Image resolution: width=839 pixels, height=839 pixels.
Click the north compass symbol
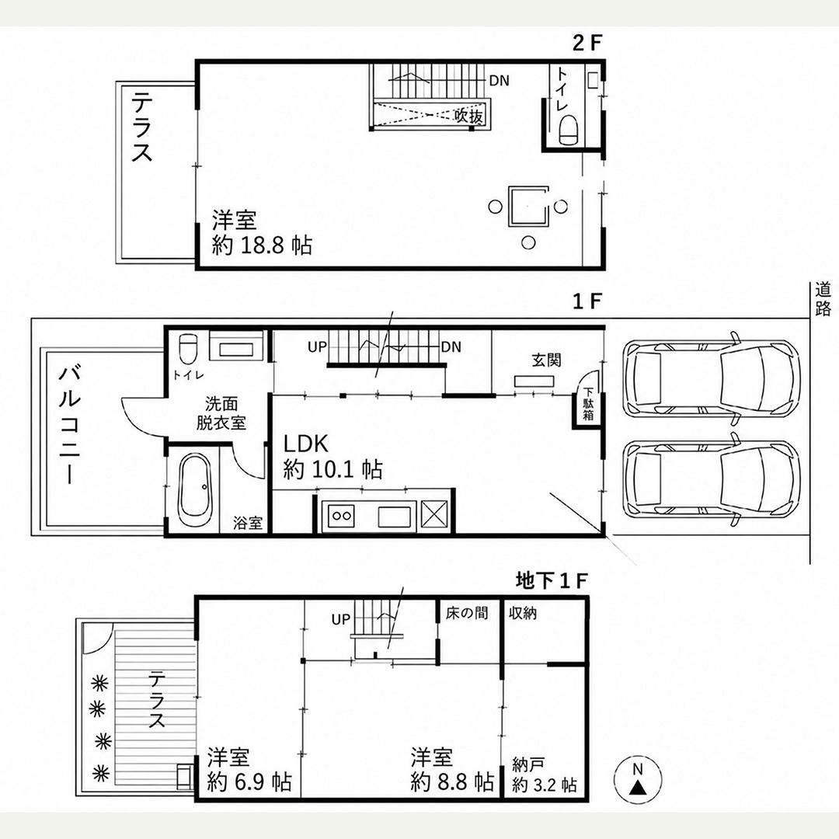click(x=637, y=780)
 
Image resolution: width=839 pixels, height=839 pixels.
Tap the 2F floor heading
click(x=587, y=43)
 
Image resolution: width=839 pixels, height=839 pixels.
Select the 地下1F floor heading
click(x=552, y=580)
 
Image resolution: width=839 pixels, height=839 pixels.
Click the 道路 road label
click(x=823, y=300)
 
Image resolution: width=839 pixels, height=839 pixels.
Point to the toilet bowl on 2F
click(x=568, y=131)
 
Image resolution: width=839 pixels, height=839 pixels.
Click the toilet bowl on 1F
click(x=188, y=348)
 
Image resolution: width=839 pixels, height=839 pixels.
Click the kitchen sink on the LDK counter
click(x=395, y=517)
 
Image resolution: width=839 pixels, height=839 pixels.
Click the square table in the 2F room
click(x=529, y=206)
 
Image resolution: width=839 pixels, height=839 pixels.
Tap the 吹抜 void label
click(x=469, y=115)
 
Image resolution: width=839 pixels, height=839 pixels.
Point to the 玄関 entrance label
click(x=546, y=360)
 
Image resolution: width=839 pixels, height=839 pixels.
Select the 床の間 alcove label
click(x=467, y=613)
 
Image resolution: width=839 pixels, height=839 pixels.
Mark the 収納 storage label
click(x=522, y=613)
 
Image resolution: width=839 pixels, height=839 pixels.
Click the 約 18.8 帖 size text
click(x=263, y=245)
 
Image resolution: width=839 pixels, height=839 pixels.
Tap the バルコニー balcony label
click(x=70, y=425)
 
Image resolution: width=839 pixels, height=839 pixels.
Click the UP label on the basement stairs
click(x=341, y=620)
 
